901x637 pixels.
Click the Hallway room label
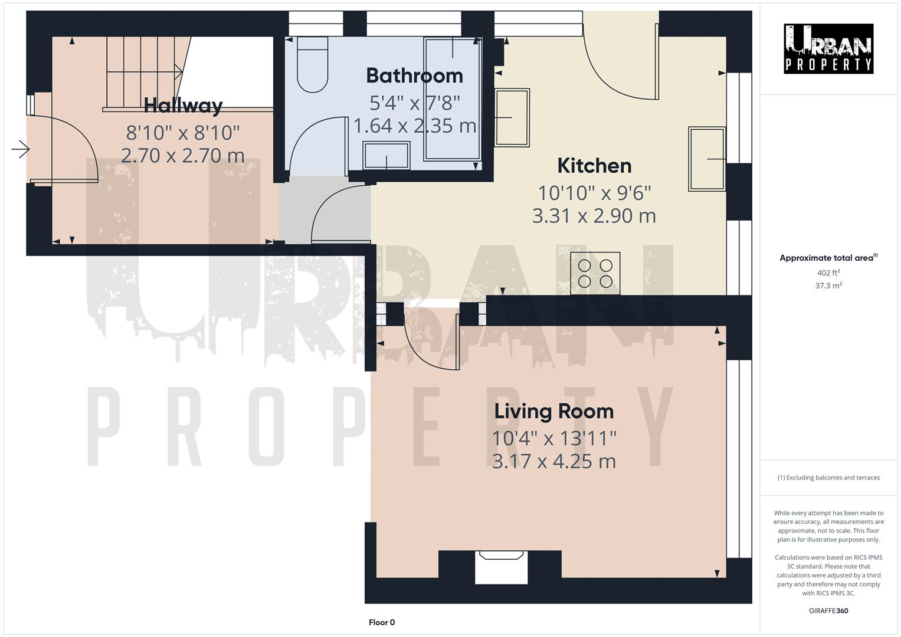click(183, 106)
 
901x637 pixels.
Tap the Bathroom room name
click(414, 75)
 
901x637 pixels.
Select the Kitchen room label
click(594, 166)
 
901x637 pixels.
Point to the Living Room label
click(553, 411)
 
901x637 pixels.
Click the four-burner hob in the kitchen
click(595, 273)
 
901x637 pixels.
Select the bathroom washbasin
click(387, 155)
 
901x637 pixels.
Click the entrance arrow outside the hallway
click(21, 149)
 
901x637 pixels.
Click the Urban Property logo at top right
click(828, 48)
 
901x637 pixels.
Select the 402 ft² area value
click(828, 272)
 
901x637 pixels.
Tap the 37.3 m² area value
click(828, 285)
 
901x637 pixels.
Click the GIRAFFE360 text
click(828, 610)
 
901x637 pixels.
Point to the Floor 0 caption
click(382, 622)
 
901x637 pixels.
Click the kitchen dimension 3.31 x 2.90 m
click(594, 216)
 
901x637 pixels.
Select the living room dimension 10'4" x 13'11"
click(554, 438)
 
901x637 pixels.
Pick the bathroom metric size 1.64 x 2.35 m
click(414, 126)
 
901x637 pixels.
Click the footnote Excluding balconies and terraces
click(828, 478)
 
